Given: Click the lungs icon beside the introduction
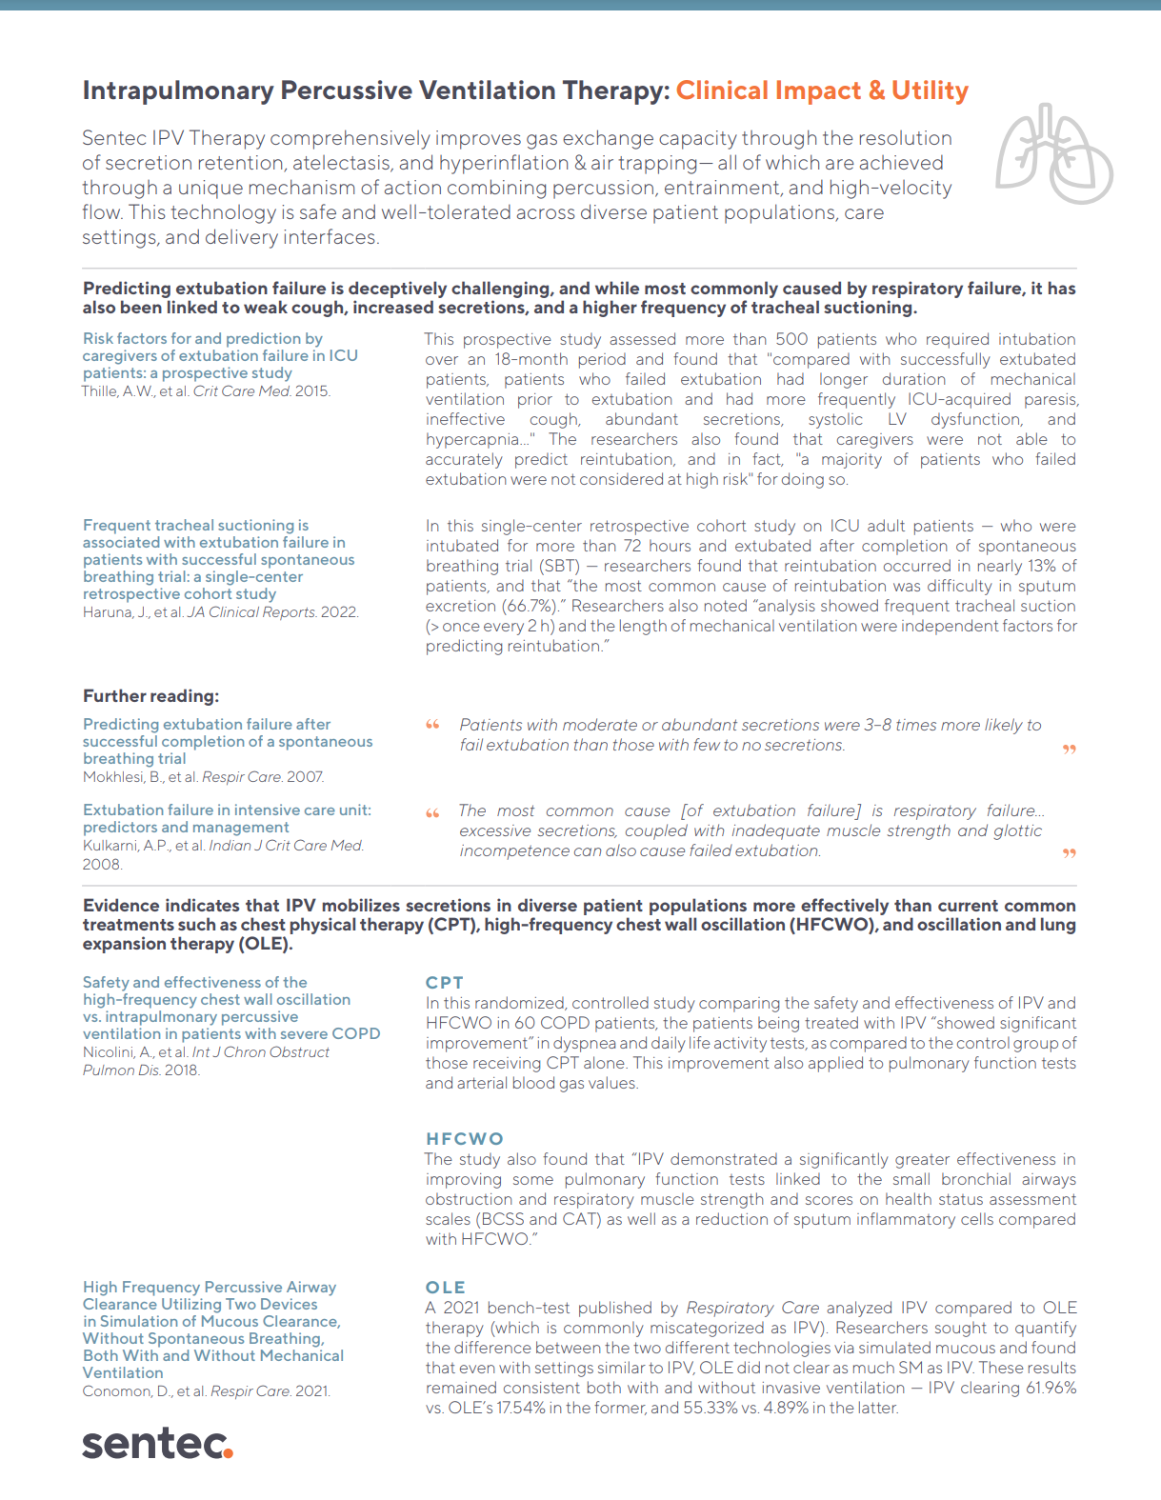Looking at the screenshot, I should coord(1053,154).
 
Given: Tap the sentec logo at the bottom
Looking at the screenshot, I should coord(157,1444).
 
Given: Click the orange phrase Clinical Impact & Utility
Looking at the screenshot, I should coord(822,90).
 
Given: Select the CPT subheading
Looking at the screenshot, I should coord(444,982).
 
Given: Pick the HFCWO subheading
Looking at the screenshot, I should coord(464,1138).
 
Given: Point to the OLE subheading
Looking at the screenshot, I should coord(445,1287).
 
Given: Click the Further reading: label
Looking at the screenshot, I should coord(150,696).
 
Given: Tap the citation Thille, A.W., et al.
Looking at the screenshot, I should coord(136,391).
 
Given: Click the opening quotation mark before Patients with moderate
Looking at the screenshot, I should coord(432,726).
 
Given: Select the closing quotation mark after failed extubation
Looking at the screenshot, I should coord(1069,854).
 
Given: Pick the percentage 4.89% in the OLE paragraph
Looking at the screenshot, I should coord(792,1408).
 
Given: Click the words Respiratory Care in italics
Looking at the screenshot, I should coord(752,1308).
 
